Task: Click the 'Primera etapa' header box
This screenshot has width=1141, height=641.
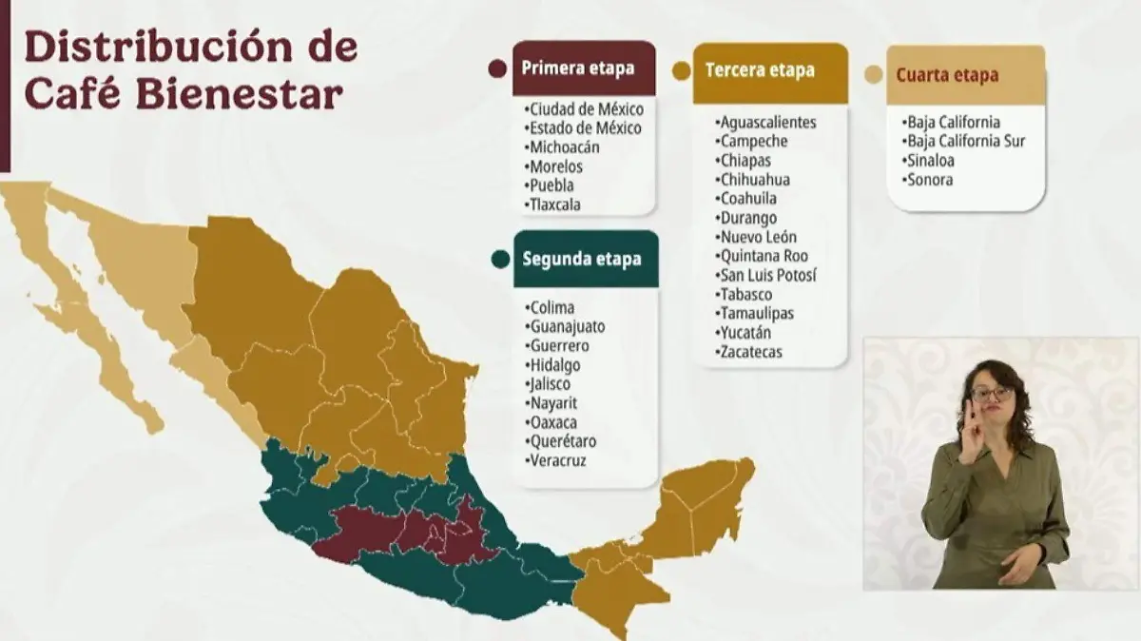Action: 584,68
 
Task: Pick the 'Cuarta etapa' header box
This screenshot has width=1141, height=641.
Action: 965,74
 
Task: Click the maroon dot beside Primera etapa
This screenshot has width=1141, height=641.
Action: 495,68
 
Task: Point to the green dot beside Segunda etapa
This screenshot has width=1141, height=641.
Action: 498,259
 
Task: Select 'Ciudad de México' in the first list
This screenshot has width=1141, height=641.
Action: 587,109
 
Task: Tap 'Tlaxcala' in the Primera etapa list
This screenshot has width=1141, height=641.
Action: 555,204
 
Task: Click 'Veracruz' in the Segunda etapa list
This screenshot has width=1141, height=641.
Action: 558,460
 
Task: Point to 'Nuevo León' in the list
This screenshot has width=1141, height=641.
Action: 758,237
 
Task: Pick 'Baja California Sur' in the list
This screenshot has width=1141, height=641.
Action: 965,142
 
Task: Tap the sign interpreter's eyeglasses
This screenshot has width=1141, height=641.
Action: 992,393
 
